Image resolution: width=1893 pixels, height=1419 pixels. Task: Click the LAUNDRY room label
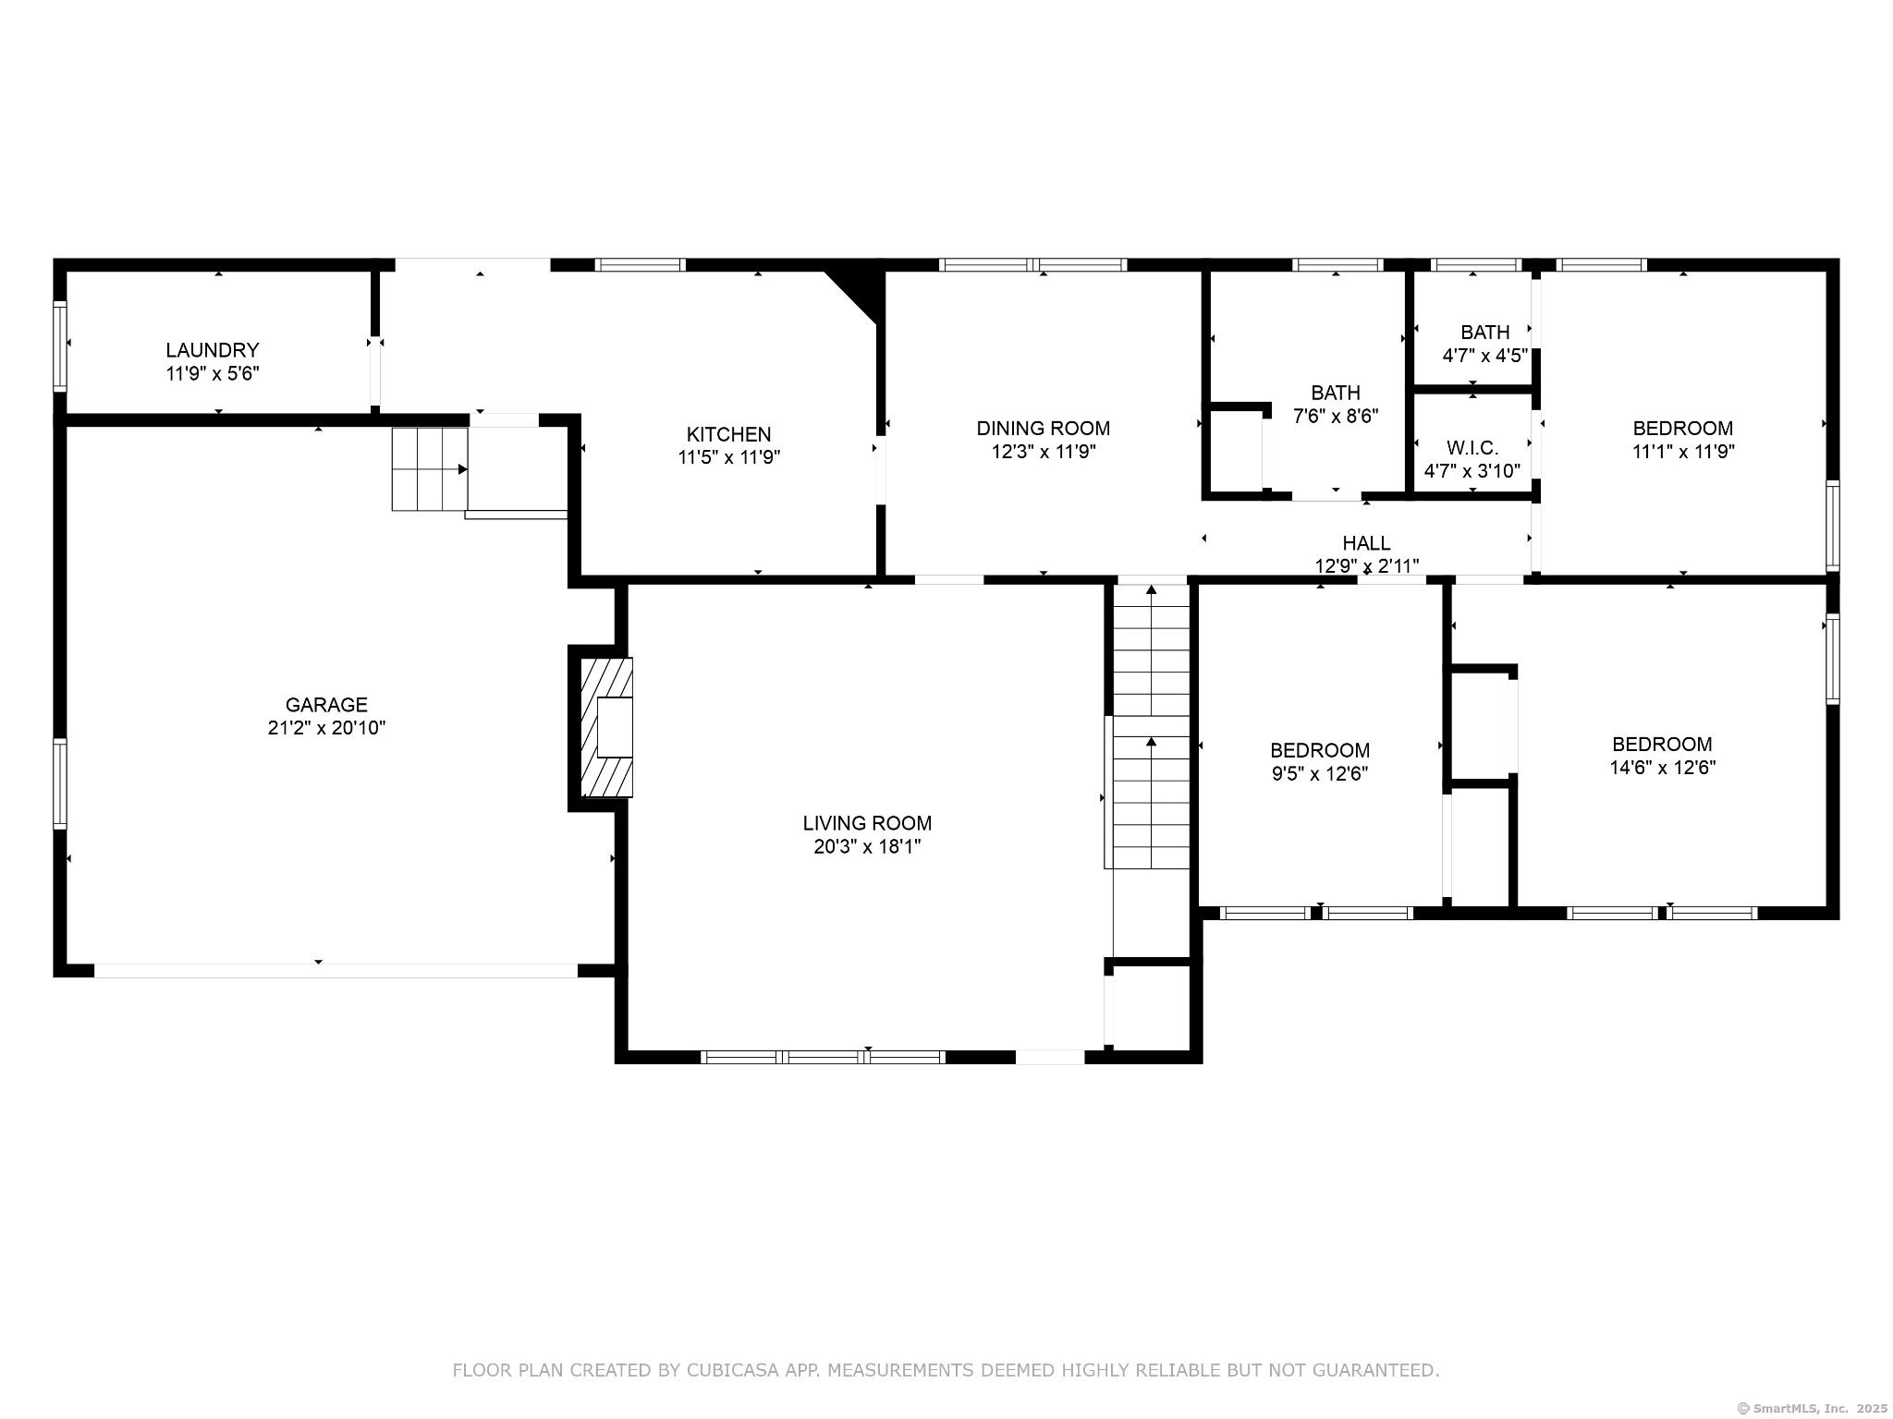click(213, 350)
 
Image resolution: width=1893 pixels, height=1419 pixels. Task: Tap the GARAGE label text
click(326, 705)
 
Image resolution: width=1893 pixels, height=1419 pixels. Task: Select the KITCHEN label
click(728, 434)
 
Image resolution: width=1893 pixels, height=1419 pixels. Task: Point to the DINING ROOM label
click(1044, 429)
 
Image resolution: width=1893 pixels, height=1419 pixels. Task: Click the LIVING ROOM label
click(867, 823)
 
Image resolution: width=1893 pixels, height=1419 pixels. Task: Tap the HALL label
click(1366, 543)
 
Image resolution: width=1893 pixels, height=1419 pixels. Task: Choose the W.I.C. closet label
click(1472, 448)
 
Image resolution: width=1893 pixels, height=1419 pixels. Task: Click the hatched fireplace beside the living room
click(606, 727)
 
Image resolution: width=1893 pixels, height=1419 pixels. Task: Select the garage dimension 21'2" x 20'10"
click(326, 728)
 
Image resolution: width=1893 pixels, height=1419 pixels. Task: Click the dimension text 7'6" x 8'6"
click(1336, 416)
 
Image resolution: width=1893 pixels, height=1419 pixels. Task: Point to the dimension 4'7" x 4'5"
click(1485, 355)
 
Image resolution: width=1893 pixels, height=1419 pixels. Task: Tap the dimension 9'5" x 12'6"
click(1320, 773)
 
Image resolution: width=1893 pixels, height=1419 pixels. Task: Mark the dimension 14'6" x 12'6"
click(1662, 768)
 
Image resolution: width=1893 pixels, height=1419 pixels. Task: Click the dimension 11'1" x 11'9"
click(1682, 452)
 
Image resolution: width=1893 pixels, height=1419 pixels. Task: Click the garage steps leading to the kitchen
click(430, 469)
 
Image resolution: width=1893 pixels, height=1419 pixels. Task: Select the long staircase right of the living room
click(1151, 726)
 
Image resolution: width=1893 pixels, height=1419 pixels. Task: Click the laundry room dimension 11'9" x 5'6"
click(213, 374)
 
